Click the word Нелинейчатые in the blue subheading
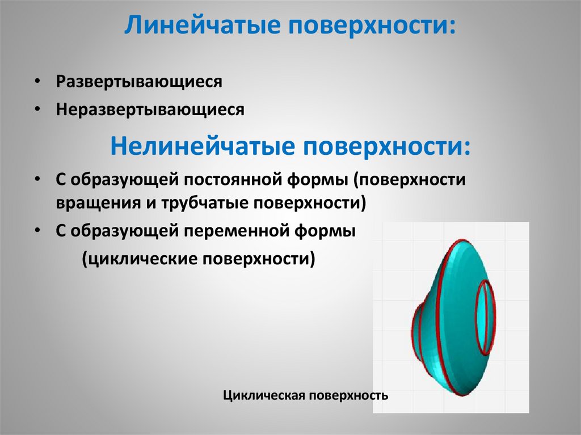[x=196, y=146]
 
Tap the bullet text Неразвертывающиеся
[x=150, y=109]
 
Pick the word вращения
[x=93, y=203]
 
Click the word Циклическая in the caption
[x=264, y=395]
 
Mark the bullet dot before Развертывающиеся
[x=36, y=82]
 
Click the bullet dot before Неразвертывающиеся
[x=36, y=109]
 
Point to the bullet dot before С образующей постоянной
[x=36, y=179]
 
